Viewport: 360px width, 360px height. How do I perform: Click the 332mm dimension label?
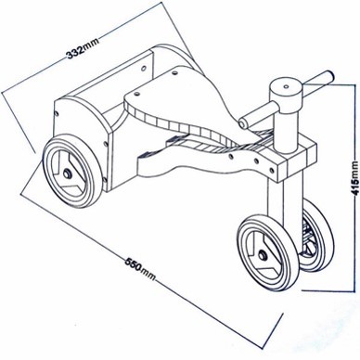(x=83, y=48)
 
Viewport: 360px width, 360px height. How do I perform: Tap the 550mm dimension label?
(x=140, y=268)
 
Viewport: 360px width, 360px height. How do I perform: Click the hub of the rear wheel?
(x=67, y=174)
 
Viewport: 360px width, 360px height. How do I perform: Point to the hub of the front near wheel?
(x=263, y=255)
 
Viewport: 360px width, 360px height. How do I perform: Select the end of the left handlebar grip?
(x=243, y=123)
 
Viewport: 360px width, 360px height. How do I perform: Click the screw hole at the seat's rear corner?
(x=175, y=73)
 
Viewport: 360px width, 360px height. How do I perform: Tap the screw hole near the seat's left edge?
(x=136, y=93)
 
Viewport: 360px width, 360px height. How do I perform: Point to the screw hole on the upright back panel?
(x=144, y=67)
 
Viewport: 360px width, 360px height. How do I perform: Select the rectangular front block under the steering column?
(x=297, y=161)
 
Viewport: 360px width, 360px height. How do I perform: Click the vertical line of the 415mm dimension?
(x=354, y=187)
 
